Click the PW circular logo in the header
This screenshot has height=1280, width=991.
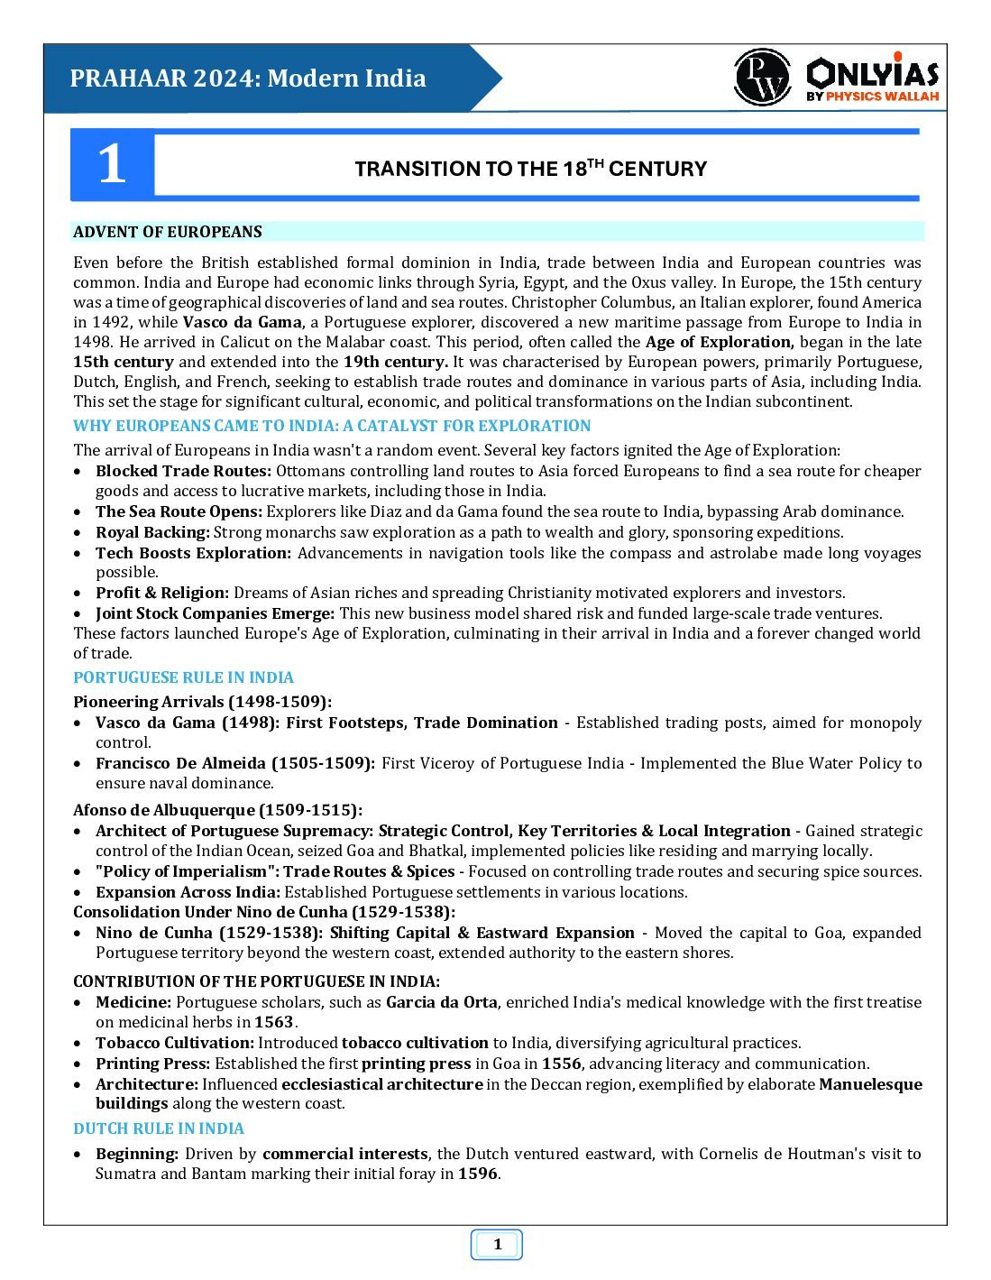[x=763, y=78]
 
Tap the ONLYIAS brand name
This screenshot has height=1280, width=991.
[x=872, y=72]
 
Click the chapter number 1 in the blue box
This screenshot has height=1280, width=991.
[x=112, y=165]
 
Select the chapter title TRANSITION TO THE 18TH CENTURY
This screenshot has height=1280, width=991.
[x=530, y=169]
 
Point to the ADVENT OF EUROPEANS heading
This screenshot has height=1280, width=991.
[x=168, y=232]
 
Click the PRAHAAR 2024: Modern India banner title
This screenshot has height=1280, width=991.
[x=248, y=78]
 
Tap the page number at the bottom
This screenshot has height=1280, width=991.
[x=497, y=1245]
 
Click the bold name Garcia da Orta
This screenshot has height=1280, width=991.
[x=441, y=1002]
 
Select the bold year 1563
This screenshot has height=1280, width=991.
[x=273, y=1022]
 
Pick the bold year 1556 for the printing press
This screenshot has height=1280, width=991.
[x=561, y=1064]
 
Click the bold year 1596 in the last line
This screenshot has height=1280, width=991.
[x=477, y=1174]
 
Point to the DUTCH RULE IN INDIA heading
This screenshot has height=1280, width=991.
[x=159, y=1128]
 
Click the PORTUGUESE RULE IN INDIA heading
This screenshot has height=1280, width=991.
[x=183, y=677]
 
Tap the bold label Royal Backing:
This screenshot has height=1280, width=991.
[x=152, y=532]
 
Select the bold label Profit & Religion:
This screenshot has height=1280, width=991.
[x=162, y=593]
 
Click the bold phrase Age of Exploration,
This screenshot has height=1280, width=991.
[x=720, y=342]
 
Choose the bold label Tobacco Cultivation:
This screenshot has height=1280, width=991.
[x=175, y=1043]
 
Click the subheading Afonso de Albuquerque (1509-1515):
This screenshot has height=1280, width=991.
[x=217, y=810]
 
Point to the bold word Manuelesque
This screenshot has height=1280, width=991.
[x=870, y=1084]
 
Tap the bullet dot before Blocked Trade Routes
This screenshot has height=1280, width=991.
[x=79, y=471]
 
